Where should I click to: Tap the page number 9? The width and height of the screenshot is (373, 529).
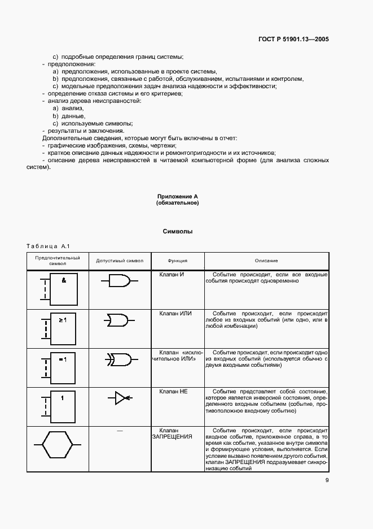click(327, 481)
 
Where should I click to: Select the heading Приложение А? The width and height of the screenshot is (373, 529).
click(178, 196)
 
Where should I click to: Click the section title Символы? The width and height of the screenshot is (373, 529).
click(178, 231)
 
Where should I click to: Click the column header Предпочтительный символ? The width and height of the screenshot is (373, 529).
click(58, 261)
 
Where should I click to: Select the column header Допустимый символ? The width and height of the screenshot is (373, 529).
click(120, 261)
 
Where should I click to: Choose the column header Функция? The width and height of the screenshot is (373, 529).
click(177, 261)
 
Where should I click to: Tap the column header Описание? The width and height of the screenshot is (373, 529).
click(266, 261)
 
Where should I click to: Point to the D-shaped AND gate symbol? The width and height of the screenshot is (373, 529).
click(119, 281)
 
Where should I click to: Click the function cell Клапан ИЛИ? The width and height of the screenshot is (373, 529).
click(176, 313)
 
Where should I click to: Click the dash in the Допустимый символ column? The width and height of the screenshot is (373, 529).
click(119, 431)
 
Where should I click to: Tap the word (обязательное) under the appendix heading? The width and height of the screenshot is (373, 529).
click(178, 203)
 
